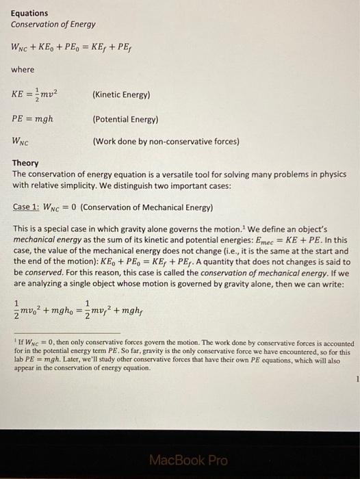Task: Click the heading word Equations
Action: [x=29, y=13]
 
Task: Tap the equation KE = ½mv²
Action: [x=38, y=94]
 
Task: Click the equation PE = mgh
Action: [x=32, y=118]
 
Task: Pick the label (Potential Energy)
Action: [x=125, y=119]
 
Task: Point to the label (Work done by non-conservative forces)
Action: [x=166, y=142]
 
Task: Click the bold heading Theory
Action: [x=25, y=164]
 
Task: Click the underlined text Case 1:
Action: [x=28, y=207]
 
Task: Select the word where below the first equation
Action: [x=23, y=70]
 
